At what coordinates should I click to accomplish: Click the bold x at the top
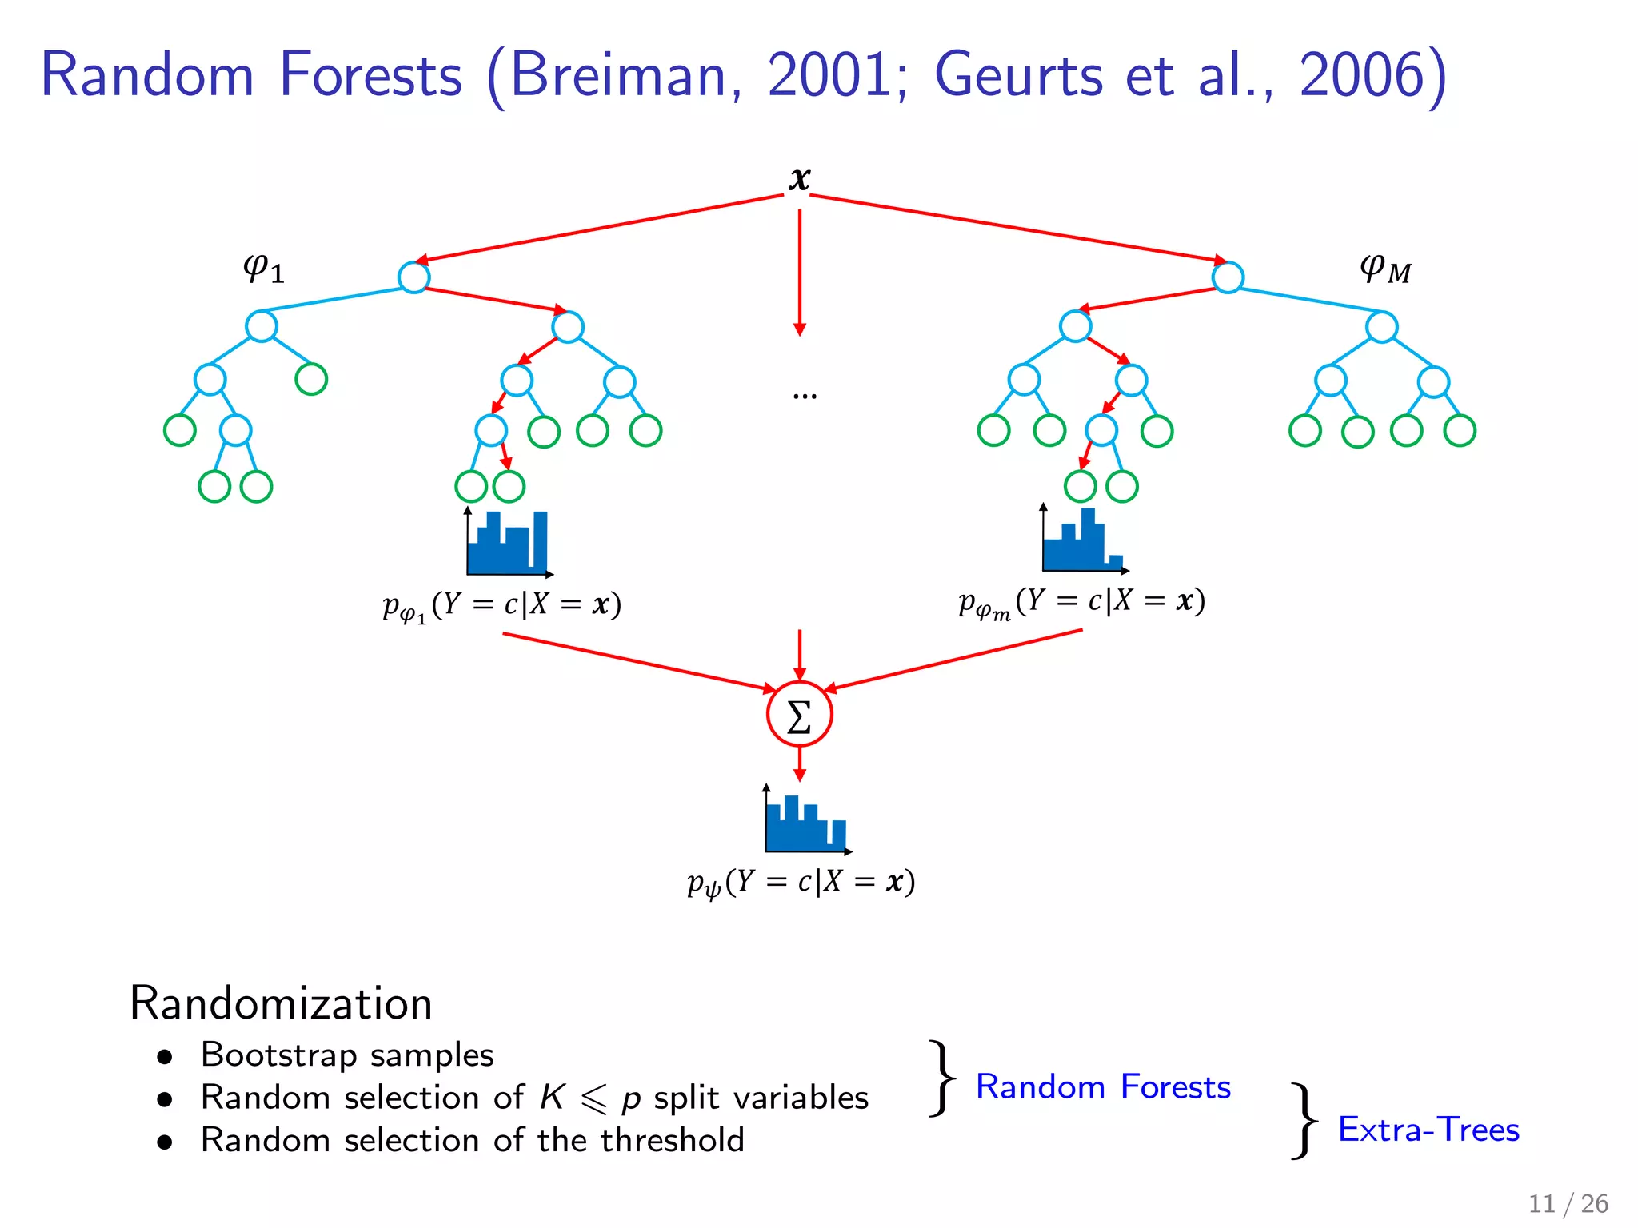(x=799, y=179)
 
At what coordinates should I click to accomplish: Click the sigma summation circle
(x=799, y=714)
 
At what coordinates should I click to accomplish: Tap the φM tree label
(x=1385, y=269)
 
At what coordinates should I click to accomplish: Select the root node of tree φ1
(x=413, y=277)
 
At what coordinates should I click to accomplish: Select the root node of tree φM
(x=1227, y=277)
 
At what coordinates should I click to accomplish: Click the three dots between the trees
(x=804, y=395)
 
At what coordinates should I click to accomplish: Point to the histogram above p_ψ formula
(x=806, y=822)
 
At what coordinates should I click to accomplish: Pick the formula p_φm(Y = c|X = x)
(x=1081, y=602)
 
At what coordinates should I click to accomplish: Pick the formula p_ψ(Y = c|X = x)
(x=801, y=883)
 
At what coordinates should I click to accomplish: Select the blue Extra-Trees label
(x=1428, y=1129)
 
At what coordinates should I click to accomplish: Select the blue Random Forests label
(x=1103, y=1086)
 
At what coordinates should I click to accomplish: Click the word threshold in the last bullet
(x=672, y=1140)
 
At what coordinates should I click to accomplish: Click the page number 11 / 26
(x=1568, y=1203)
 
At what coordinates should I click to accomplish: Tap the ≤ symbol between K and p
(x=593, y=1099)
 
